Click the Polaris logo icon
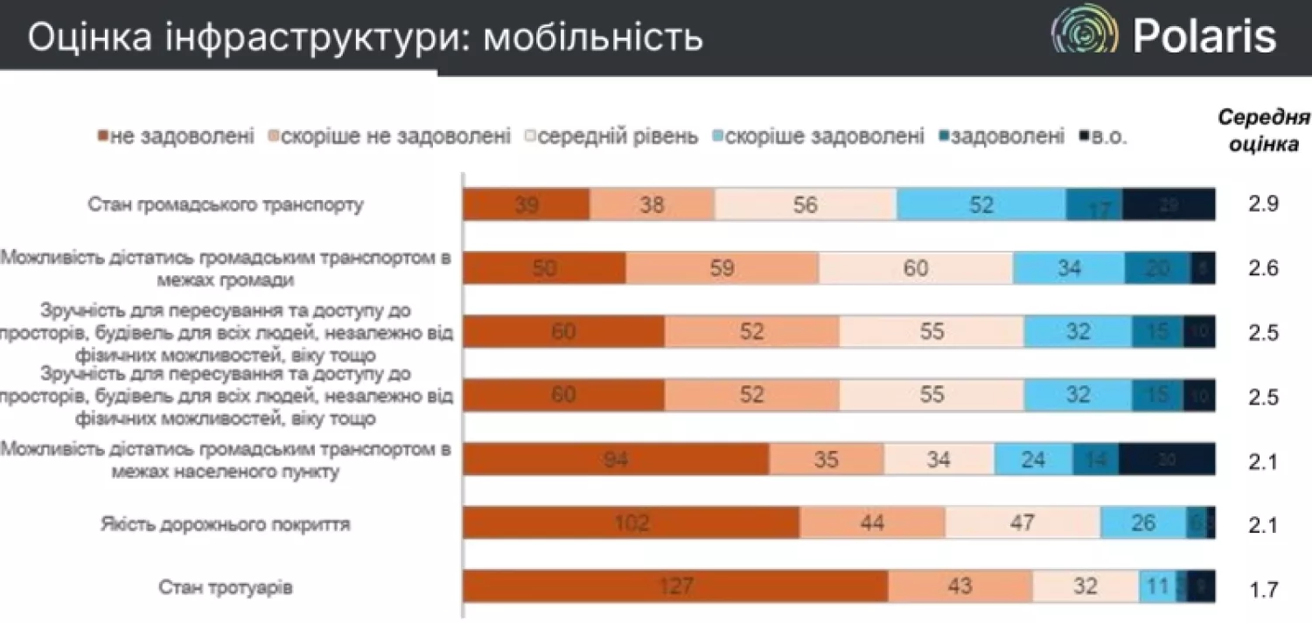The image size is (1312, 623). click(x=1085, y=35)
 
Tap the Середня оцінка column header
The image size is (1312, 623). click(x=1263, y=131)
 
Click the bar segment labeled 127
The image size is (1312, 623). click(x=675, y=586)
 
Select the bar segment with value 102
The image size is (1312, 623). click(x=631, y=523)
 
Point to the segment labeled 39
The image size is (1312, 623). click(x=526, y=204)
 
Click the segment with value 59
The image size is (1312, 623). click(x=722, y=268)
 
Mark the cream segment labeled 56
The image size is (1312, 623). click(x=805, y=204)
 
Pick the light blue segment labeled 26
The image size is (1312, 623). click(x=1142, y=523)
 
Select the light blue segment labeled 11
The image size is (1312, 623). click(x=1156, y=586)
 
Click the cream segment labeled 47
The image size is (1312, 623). click(x=1022, y=523)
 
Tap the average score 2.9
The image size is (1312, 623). click(x=1263, y=204)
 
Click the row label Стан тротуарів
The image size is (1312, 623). click(x=226, y=587)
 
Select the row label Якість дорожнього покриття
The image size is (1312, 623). click(x=226, y=524)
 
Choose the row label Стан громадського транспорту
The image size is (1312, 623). click(x=226, y=205)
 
